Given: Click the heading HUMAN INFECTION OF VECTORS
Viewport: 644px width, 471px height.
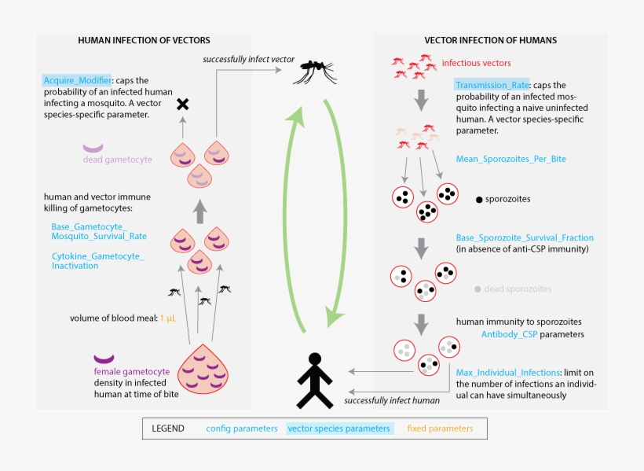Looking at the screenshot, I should tap(144, 40).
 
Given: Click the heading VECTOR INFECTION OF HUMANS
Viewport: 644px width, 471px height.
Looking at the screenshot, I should tap(490, 40).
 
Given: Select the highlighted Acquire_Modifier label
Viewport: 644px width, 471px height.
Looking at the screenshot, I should tap(78, 80).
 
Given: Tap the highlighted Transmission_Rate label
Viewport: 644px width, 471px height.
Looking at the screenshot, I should tap(492, 85).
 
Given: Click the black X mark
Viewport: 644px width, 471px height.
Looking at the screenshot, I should tap(182, 104).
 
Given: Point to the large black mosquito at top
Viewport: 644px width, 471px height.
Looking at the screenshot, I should tap(316, 73).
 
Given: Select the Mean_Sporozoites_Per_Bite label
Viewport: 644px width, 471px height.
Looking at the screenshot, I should tap(510, 159).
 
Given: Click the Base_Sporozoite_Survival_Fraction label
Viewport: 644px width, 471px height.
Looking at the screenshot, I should tap(525, 237).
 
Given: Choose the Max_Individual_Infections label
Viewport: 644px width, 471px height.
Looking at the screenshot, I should tap(507, 372).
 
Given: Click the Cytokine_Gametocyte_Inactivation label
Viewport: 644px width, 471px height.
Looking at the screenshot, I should tap(98, 261).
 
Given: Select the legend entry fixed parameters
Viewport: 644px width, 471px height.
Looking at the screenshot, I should tap(440, 429).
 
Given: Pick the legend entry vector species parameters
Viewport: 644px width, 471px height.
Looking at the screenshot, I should tap(338, 429).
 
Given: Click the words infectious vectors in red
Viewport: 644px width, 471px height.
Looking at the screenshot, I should tap(476, 63).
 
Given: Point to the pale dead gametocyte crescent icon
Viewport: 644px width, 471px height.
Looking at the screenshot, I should tap(93, 147).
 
